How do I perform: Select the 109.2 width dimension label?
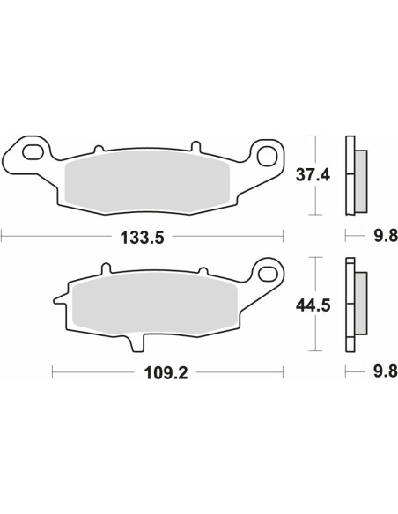pyautogui.click(x=168, y=371)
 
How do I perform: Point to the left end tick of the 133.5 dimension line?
pyautogui.click(x=3, y=236)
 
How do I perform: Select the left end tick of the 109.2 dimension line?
pyautogui.click(x=53, y=371)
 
